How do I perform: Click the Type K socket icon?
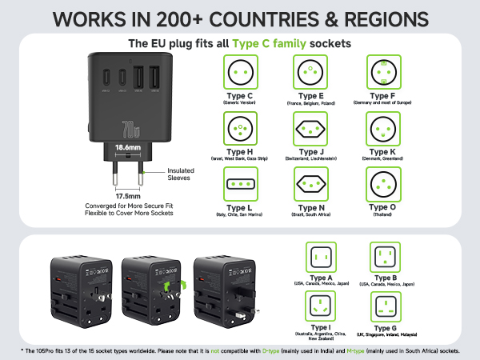pos(383,129)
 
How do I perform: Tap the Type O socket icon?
pos(383,184)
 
